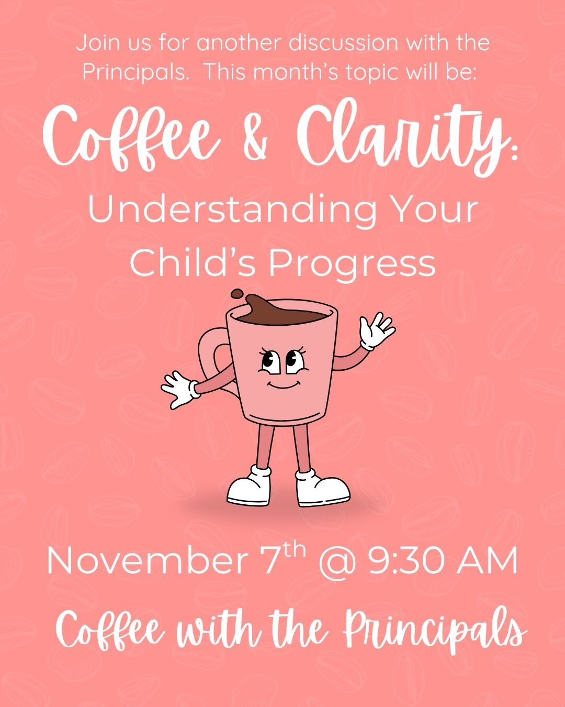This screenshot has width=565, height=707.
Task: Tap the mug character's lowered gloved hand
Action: point(178,389)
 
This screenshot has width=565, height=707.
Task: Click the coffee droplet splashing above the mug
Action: point(238,293)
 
